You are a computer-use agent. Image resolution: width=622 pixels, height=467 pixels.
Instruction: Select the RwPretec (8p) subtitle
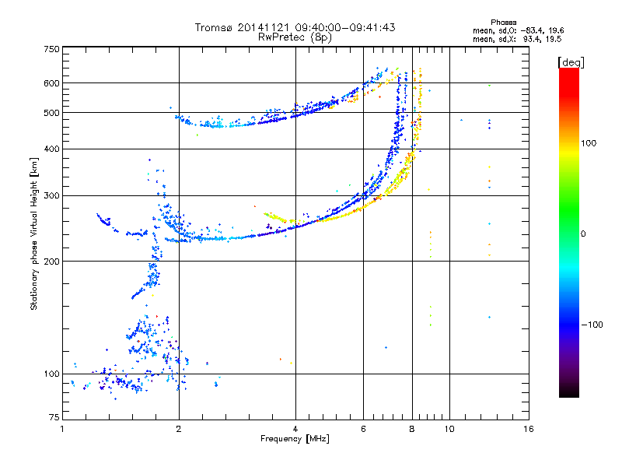coord(295,37)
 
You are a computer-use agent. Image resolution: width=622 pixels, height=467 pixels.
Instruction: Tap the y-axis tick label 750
coord(51,49)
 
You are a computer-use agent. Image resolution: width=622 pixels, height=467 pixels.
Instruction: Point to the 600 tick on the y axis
coord(51,83)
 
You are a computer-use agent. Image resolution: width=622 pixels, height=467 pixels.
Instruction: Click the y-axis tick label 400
coord(51,149)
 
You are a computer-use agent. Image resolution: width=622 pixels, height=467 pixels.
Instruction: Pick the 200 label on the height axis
coord(51,262)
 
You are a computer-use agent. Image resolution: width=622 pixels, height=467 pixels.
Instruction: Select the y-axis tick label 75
coord(54,417)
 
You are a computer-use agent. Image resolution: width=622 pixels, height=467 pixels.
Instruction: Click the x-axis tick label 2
coord(179,429)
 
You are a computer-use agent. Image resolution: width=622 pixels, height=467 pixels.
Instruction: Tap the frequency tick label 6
coord(363,429)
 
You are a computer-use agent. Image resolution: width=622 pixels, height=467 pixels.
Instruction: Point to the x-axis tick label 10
coord(449,429)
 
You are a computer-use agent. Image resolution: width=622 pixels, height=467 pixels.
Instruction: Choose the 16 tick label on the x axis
coord(529,429)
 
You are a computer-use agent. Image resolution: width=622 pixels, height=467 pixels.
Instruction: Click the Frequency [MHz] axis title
coord(295,439)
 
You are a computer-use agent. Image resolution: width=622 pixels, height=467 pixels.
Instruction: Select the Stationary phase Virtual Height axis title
coord(34,233)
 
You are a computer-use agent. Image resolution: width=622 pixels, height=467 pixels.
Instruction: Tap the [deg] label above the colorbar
coord(571,62)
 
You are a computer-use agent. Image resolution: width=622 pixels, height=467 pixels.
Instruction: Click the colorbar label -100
coord(592,325)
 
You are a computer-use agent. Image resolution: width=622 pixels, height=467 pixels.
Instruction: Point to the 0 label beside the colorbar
coord(583,234)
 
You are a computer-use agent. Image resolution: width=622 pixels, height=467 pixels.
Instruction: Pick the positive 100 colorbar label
coord(589,143)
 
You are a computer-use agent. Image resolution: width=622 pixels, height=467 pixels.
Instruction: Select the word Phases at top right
coord(503,23)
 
